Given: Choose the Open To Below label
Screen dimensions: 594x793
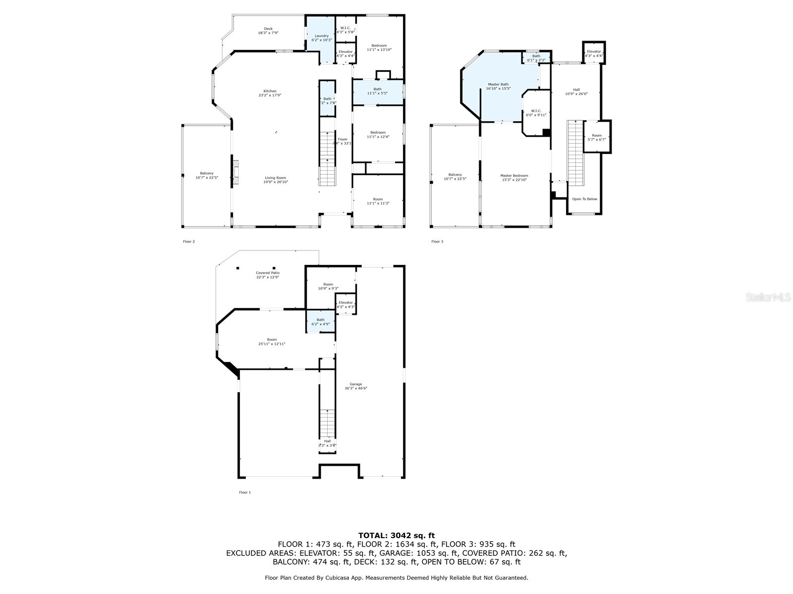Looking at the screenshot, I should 584,199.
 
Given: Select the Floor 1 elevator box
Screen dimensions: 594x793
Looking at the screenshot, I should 345,304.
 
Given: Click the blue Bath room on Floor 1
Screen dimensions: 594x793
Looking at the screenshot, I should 321,322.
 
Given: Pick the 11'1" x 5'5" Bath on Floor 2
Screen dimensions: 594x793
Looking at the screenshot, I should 378,92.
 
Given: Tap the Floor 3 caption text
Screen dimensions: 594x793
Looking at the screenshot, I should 437,242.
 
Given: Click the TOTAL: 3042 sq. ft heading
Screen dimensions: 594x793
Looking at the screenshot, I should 396,535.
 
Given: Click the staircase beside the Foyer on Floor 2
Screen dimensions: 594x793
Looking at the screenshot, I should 327,158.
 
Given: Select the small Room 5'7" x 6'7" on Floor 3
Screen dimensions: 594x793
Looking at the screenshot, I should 597,137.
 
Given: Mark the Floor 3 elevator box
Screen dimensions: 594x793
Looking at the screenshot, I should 594,53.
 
